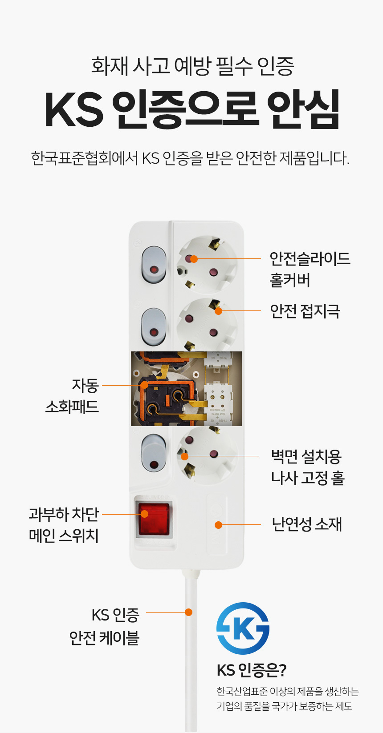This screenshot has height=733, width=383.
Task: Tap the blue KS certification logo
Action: click(243, 628)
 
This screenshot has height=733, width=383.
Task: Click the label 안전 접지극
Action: click(305, 311)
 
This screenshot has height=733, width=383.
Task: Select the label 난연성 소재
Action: click(307, 524)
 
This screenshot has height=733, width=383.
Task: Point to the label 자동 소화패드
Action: click(72, 396)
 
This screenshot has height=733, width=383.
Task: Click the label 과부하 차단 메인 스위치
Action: click(64, 525)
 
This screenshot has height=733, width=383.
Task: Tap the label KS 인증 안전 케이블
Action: click(105, 626)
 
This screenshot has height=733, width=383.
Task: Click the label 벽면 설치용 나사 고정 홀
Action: click(308, 467)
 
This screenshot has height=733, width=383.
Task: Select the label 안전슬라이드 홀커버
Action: click(310, 269)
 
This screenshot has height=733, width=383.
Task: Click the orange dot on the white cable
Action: click(189, 612)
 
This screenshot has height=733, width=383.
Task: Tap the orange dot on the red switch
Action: click(144, 514)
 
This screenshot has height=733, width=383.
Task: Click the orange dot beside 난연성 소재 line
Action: click(218, 525)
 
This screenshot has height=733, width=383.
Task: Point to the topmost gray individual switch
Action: click(154, 265)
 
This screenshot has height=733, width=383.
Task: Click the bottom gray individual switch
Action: click(154, 453)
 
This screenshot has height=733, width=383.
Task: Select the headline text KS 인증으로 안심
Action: click(192, 109)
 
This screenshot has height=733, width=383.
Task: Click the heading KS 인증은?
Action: click(252, 670)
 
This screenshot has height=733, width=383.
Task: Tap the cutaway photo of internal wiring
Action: click(186, 388)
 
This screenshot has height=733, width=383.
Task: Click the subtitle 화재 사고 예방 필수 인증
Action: click(192, 66)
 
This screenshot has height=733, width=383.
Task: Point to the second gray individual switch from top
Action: click(154, 327)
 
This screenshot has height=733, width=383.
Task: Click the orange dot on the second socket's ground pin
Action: click(218, 311)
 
